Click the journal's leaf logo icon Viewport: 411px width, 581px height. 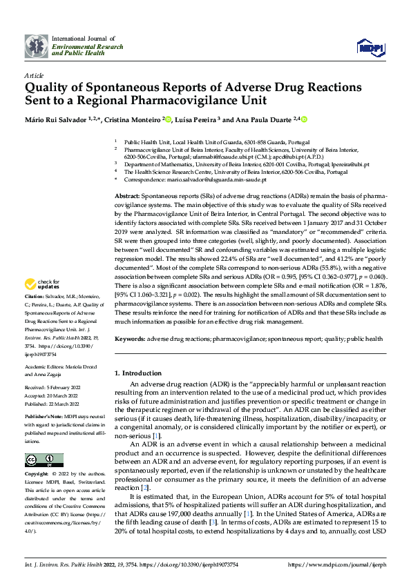(37, 46)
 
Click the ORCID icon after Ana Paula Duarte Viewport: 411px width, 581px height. (303, 119)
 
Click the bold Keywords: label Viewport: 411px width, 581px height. (131, 339)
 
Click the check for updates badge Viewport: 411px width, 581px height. (41, 284)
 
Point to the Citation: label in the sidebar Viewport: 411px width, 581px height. (35, 296)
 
